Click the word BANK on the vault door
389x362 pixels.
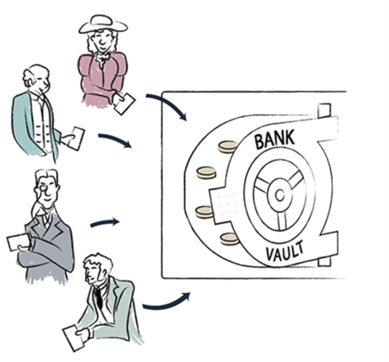pyautogui.click(x=275, y=139)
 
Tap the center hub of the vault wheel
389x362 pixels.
pyautogui.click(x=280, y=195)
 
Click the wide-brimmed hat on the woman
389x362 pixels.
pyautogui.click(x=103, y=25)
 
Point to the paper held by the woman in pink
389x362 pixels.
pyautogui.click(x=125, y=104)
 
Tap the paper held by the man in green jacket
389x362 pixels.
pyautogui.click(x=74, y=338)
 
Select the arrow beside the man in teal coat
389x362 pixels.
pyautogui.click(x=116, y=140)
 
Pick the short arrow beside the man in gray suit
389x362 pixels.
pyautogui.click(x=105, y=222)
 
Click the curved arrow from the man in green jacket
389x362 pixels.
pyautogui.click(x=166, y=304)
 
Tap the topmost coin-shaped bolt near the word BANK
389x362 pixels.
pyautogui.click(x=227, y=147)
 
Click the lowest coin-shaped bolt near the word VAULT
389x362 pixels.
pyautogui.click(x=229, y=239)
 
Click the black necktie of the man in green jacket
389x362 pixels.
pyautogui.click(x=98, y=299)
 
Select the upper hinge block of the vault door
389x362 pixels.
pyautogui.click(x=324, y=111)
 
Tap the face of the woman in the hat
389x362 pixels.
pyautogui.click(x=102, y=41)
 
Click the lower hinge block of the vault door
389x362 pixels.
pyautogui.click(x=324, y=262)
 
